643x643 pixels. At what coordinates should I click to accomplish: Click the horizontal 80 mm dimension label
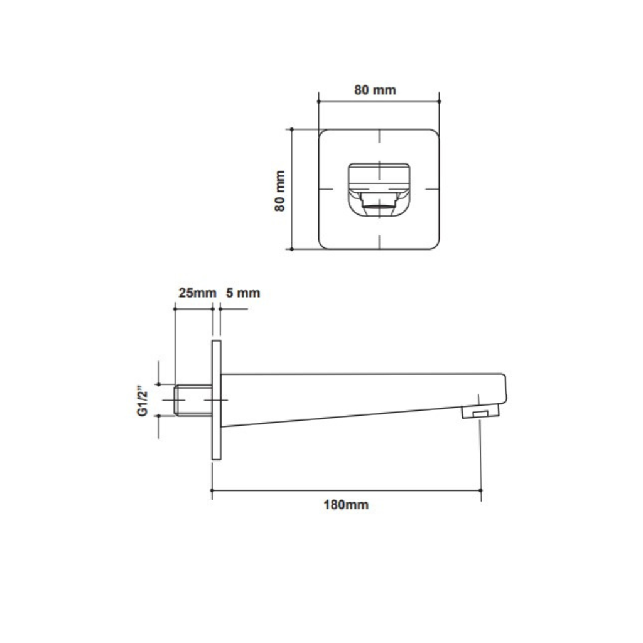375,90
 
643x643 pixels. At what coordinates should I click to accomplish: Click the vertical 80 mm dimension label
280,191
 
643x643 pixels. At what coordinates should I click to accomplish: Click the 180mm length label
346,505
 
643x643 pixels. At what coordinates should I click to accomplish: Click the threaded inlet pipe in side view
193,399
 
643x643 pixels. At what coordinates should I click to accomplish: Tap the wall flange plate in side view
216,402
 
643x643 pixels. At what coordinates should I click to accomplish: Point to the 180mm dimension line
346,490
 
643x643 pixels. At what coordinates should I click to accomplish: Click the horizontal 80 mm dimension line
379,100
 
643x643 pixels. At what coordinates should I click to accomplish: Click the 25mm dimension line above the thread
193,308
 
